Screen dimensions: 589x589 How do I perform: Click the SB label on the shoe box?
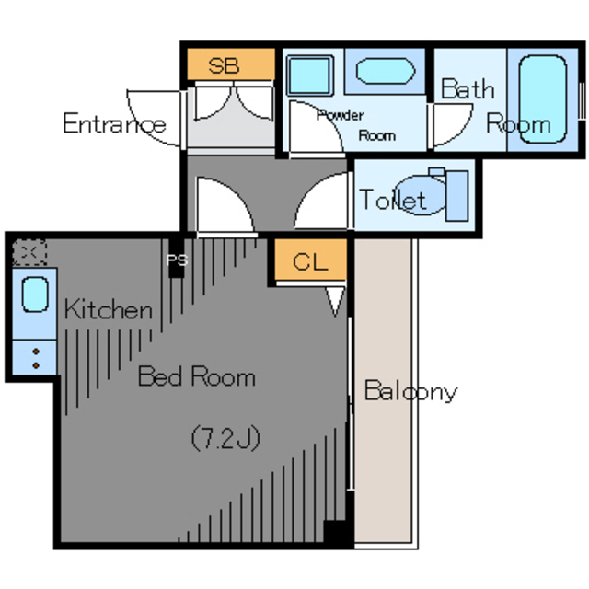(224, 65)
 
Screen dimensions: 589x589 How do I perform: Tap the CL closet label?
(310, 261)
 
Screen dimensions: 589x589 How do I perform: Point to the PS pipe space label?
(177, 260)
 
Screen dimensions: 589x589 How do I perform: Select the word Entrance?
(114, 123)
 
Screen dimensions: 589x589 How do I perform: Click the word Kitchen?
(109, 309)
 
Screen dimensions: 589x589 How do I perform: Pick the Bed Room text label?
(197, 376)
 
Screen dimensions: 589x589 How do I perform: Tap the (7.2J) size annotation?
(225, 438)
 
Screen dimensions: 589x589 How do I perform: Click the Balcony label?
(411, 391)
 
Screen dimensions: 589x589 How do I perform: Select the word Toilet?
(393, 199)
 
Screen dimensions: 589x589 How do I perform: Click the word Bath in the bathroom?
(468, 88)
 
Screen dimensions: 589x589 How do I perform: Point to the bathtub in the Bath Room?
(542, 99)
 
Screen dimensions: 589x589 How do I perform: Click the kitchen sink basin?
(35, 294)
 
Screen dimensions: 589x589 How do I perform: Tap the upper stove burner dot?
(36, 352)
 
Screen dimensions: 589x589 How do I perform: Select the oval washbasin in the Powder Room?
(386, 71)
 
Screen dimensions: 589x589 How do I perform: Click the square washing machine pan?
(310, 75)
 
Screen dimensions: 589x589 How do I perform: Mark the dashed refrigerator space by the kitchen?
(29, 252)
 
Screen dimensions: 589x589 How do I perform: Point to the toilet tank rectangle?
(456, 196)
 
